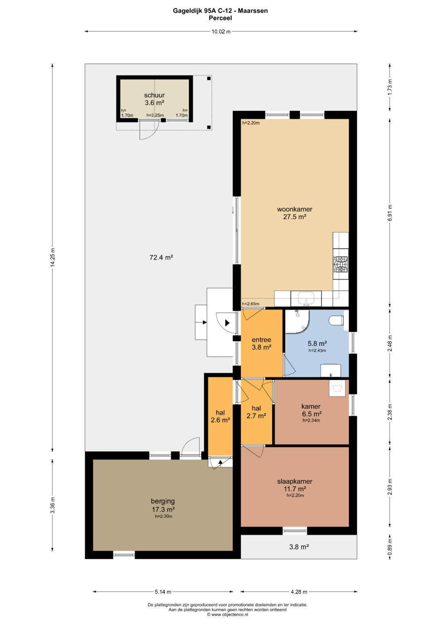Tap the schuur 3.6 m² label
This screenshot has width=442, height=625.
tap(154, 99)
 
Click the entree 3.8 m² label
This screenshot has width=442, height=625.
tap(262, 343)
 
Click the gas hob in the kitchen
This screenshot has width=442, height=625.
tap(341, 264)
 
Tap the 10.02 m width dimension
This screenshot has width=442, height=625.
tap(221, 32)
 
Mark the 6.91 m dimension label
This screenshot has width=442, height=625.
tap(390, 213)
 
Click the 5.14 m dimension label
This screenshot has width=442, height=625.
tap(163, 591)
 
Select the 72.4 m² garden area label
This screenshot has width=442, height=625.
tap(161, 257)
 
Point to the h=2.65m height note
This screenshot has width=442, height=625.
tap(250, 304)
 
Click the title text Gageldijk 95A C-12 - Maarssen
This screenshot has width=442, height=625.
tap(221, 11)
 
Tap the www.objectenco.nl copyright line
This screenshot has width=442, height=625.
tap(228, 614)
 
